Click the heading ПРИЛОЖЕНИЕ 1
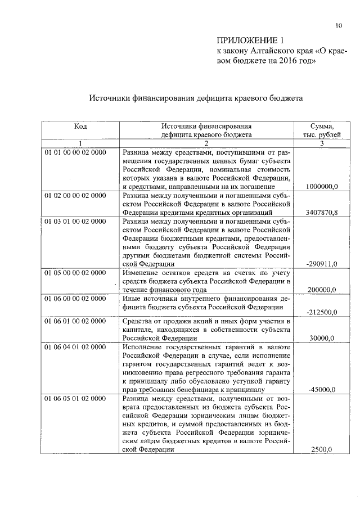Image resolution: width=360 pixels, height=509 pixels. pyautogui.click(x=247, y=40)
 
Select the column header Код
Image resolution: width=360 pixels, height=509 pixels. pyautogui.click(x=80, y=127)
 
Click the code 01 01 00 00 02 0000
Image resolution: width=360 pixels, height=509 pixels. pyautogui.click(x=75, y=152)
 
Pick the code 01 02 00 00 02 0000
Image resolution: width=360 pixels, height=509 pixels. pyautogui.click(x=75, y=195)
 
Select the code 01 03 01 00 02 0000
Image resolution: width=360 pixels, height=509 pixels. pyautogui.click(x=75, y=221)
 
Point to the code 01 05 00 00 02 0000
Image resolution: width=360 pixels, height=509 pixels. pyautogui.click(x=75, y=273)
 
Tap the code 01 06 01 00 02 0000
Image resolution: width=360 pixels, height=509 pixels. pyautogui.click(x=75, y=321)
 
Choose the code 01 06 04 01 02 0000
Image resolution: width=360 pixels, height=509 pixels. pyautogui.click(x=75, y=347)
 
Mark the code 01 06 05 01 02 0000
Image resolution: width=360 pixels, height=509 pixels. pyautogui.click(x=75, y=399)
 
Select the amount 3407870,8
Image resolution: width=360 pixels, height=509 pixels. pyautogui.click(x=321, y=213)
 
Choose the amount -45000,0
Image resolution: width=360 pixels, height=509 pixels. pyautogui.click(x=322, y=390)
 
